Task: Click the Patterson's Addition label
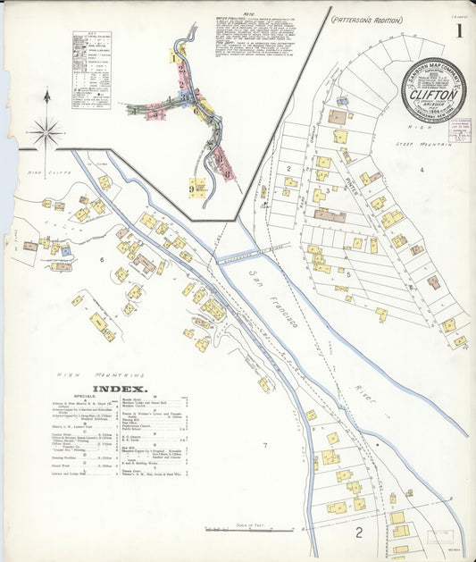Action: [364, 19]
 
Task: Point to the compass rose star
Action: [45, 134]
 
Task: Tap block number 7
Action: [264, 444]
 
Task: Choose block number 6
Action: [102, 259]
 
